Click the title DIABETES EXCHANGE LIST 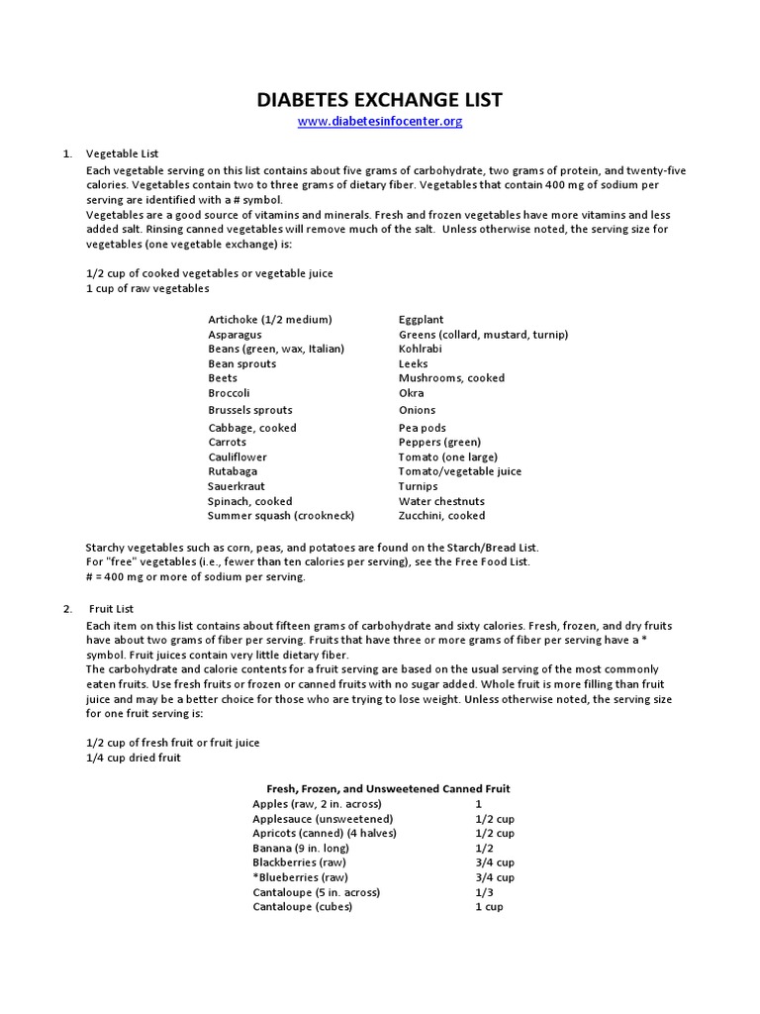tap(380, 100)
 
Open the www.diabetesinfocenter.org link tap(380, 122)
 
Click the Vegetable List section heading tap(123, 154)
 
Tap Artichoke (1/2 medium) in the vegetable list tap(270, 320)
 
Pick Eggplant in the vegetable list tap(421, 320)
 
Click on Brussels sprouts tap(250, 410)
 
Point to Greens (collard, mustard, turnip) tap(483, 335)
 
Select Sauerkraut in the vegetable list tap(237, 486)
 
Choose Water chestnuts tap(441, 501)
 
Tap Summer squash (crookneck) tap(281, 516)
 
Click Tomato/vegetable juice tap(460, 472)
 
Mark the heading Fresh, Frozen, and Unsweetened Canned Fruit tap(389, 789)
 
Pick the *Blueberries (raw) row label tap(301, 877)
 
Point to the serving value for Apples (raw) tap(479, 804)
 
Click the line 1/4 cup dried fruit tap(135, 758)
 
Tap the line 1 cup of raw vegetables tap(148, 288)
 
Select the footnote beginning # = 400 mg tap(196, 576)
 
